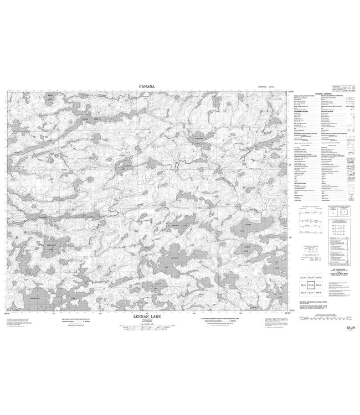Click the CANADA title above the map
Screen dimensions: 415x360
pyautogui.click(x=147, y=86)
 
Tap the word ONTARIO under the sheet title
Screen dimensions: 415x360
pyautogui.click(x=146, y=322)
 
